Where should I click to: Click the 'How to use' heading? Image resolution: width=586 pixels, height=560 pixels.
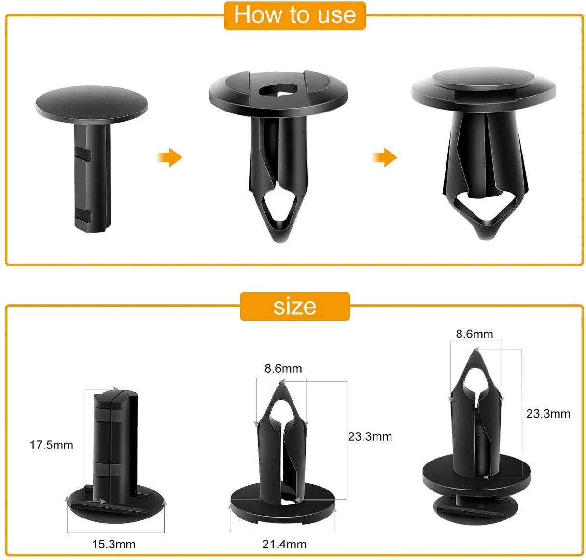tap(295, 15)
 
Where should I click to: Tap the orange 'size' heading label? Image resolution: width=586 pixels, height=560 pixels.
tap(294, 307)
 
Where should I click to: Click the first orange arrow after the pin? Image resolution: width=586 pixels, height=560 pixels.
tap(169, 157)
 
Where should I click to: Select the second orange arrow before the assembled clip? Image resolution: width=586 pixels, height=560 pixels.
tap(385, 157)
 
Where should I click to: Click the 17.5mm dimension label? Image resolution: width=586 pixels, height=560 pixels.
tap(52, 445)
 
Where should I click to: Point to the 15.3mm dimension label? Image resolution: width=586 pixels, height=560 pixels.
tap(114, 544)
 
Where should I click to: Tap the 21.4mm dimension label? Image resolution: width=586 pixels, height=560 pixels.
tap(284, 544)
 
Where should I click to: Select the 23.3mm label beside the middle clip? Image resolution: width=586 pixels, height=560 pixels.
tap(370, 436)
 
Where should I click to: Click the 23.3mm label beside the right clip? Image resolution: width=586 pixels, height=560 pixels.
tap(548, 414)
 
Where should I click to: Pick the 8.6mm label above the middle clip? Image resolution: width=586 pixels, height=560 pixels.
tap(283, 369)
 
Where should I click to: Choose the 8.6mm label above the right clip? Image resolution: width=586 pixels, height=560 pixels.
tap(474, 334)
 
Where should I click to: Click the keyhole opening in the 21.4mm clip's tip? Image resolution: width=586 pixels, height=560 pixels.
tap(281, 407)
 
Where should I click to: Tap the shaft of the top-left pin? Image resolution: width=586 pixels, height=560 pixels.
tap(91, 174)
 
